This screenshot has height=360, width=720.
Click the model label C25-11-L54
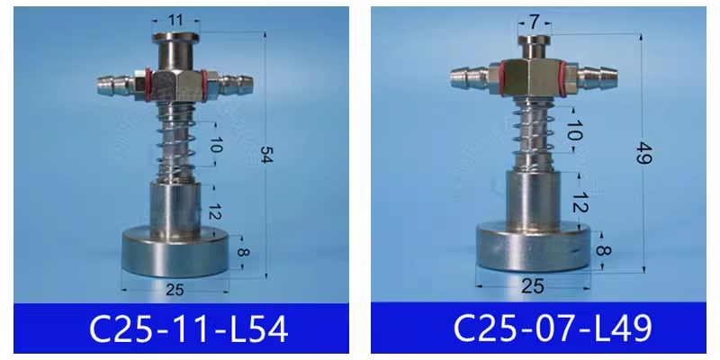click(x=189, y=328)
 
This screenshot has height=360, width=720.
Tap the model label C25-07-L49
click(x=553, y=328)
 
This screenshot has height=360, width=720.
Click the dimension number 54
click(x=266, y=154)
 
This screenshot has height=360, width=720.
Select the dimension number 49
click(x=644, y=153)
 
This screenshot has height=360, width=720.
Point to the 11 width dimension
click(x=175, y=20)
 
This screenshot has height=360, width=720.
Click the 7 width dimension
click(x=534, y=21)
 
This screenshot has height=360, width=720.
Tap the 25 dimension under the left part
click(x=175, y=290)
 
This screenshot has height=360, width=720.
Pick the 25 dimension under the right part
click(x=533, y=286)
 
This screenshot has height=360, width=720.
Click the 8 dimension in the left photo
click(x=242, y=252)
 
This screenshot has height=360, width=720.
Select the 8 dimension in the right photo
click(x=603, y=250)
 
